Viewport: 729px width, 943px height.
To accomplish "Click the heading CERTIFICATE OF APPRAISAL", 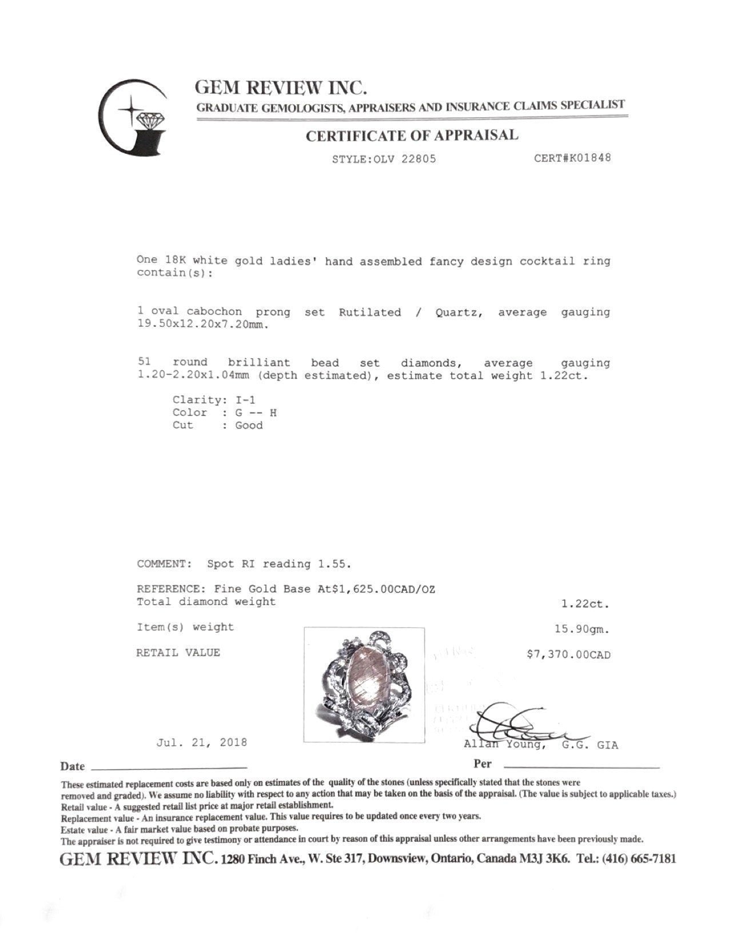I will [412, 136].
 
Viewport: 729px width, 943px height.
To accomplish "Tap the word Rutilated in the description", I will [370, 312].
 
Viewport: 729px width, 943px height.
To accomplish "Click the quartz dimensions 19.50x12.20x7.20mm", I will [203, 325].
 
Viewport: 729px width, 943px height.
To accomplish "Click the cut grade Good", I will [249, 425].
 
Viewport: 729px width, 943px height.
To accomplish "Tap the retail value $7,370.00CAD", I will [568, 655].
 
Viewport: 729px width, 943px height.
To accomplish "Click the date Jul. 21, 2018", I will [202, 742].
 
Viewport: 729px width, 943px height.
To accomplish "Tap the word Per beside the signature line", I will [482, 764].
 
